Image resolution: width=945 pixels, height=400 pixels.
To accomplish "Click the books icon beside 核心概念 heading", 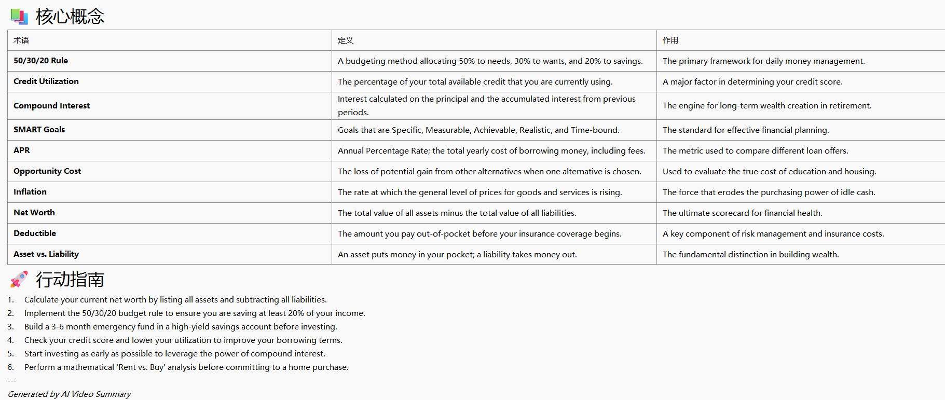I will (19, 17).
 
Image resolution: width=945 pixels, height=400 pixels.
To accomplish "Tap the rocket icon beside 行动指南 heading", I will (19, 279).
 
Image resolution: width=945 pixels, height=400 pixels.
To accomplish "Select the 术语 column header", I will (21, 40).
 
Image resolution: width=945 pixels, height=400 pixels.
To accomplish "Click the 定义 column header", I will (345, 40).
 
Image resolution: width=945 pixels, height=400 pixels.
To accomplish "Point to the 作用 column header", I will (670, 40).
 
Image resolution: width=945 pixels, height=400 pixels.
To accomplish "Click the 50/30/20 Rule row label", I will (40, 61).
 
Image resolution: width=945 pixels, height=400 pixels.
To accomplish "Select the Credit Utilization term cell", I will (46, 81).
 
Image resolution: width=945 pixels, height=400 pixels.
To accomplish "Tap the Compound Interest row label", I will (51, 106).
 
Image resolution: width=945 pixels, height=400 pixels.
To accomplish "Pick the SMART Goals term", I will (39, 130).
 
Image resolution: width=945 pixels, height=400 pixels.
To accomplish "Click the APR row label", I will (22, 150).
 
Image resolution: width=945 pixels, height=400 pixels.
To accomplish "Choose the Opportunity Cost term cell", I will (47, 171).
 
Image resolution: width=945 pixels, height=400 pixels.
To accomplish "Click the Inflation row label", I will (30, 192).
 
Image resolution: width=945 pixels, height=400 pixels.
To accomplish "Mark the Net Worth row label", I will (34, 213).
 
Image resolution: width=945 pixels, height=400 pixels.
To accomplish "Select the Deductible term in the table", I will (35, 233).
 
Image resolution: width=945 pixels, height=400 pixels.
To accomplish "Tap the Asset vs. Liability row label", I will (46, 254).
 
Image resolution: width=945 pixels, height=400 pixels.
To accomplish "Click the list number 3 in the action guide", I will (10, 327).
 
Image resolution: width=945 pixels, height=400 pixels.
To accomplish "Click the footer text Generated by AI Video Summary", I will (70, 394).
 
